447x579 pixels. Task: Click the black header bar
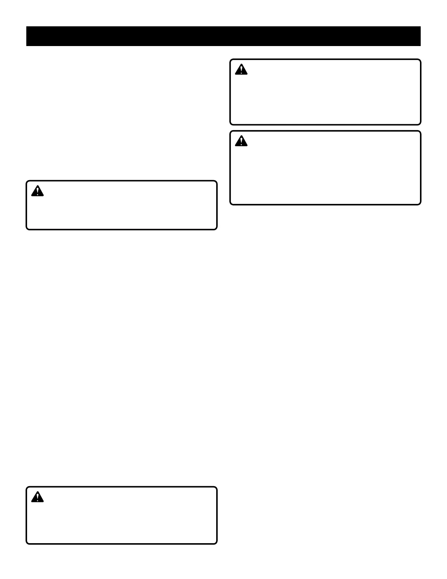coord(223,36)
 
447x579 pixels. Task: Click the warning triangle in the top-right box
coord(241,70)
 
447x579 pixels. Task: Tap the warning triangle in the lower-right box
coord(241,141)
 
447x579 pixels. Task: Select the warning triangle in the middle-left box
coord(37,191)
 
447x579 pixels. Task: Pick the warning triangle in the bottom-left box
coord(37,497)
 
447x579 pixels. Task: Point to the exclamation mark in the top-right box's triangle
coord(241,70)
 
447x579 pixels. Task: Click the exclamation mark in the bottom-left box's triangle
coord(37,497)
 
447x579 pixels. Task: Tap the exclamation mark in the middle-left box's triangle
coord(37,192)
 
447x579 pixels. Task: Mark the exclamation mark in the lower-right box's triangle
coord(241,141)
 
